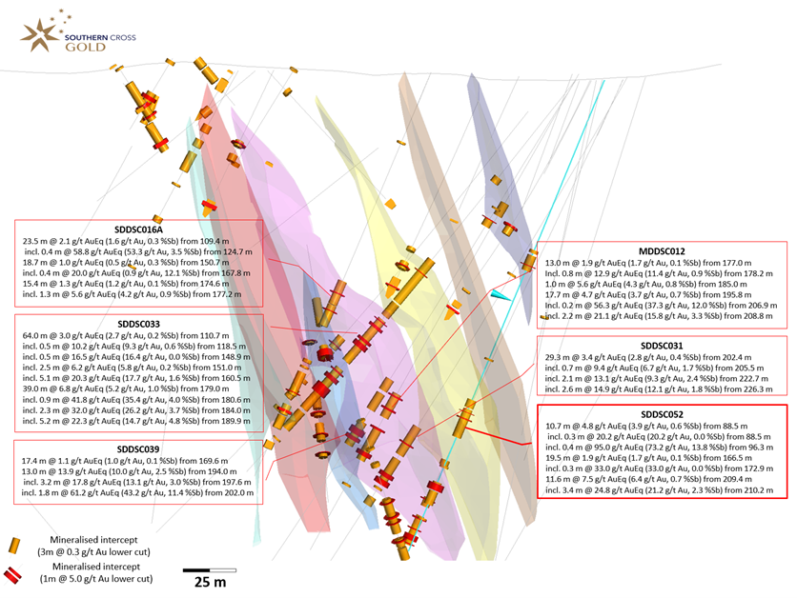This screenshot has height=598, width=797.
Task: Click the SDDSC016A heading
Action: (x=139, y=229)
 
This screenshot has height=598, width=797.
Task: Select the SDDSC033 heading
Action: (x=139, y=324)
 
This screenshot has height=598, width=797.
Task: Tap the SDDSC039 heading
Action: (x=138, y=449)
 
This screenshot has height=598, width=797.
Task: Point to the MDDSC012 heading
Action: (x=662, y=251)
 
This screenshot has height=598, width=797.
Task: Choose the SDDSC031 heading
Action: (x=662, y=346)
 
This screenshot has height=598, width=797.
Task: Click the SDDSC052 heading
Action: (x=662, y=415)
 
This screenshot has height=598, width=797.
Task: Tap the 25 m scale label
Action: (x=210, y=582)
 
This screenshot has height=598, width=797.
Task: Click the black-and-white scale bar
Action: (x=210, y=570)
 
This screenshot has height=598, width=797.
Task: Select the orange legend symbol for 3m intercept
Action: (x=14, y=546)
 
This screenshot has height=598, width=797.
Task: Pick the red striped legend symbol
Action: (x=12, y=575)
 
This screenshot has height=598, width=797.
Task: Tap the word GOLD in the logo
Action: (x=86, y=48)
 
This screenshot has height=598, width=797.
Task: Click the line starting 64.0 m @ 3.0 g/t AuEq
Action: (x=126, y=335)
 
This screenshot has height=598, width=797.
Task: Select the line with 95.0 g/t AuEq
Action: (x=660, y=448)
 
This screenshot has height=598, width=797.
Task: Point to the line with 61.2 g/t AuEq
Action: (x=138, y=492)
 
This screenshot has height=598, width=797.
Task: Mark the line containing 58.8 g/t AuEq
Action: (x=138, y=251)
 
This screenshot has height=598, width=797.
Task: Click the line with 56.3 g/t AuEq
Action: (x=661, y=305)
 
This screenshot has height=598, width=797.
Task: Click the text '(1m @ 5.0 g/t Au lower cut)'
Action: (x=96, y=579)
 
